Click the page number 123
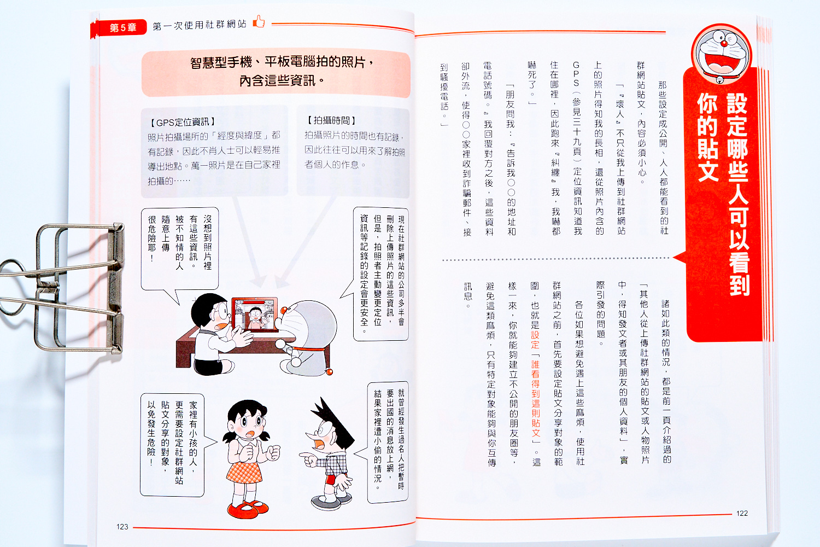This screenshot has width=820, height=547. [122, 527]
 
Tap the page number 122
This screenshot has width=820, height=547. [742, 513]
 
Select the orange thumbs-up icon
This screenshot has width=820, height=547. [259, 22]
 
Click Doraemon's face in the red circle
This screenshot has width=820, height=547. [721, 54]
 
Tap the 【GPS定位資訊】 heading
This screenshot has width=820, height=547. [182, 122]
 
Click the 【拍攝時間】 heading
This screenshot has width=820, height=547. [331, 120]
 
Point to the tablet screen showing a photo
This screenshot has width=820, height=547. [255, 314]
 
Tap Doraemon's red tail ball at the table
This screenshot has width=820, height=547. [329, 372]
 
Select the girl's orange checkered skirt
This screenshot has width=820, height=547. [244, 473]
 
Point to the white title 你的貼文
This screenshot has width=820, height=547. [707, 137]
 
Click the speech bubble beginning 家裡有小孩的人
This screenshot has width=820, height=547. [172, 445]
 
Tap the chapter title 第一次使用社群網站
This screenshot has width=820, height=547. [200, 25]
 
